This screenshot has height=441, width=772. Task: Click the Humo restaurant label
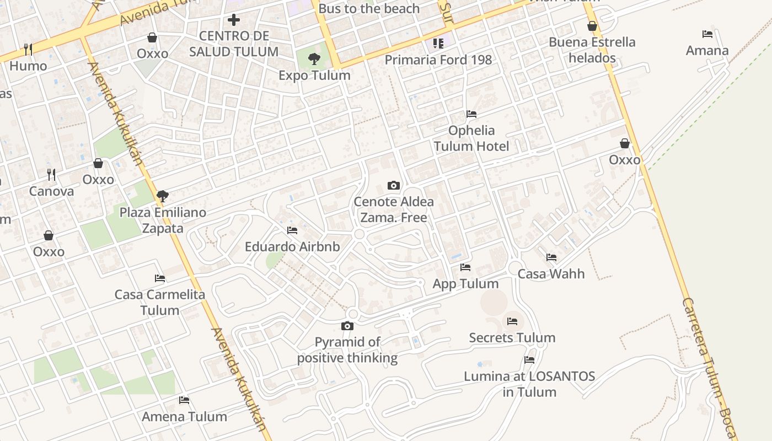(28, 66)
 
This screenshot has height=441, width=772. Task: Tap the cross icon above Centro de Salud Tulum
(234, 20)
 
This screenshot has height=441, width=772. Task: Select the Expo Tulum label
(314, 76)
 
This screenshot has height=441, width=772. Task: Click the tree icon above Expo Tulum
(314, 58)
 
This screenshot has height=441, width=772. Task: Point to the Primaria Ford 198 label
(438, 60)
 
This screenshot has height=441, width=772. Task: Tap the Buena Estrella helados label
(592, 50)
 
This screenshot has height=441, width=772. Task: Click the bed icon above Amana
(707, 34)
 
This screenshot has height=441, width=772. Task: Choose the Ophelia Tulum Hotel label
(471, 138)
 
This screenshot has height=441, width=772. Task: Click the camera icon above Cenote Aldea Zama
(394, 185)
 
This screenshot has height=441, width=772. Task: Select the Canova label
(51, 192)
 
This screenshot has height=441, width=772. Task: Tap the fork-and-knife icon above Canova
(51, 175)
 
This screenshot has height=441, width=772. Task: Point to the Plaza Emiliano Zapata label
(163, 220)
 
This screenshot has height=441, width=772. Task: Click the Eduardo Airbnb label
(292, 246)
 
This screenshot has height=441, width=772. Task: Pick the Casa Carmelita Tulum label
(160, 302)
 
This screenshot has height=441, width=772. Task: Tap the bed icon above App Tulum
(465, 267)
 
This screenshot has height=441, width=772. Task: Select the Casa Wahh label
(551, 274)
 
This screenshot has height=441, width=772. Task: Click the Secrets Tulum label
(512, 338)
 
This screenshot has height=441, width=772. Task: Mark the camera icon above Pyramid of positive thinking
(347, 326)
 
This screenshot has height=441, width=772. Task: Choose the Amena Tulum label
(184, 417)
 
